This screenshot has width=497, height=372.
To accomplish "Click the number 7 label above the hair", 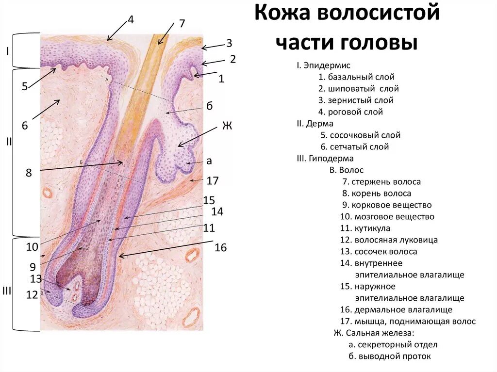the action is pyautogui.click(x=182, y=23).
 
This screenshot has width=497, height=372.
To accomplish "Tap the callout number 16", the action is pyautogui.click(x=221, y=248).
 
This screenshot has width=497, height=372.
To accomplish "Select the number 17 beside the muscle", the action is pyautogui.click(x=213, y=181).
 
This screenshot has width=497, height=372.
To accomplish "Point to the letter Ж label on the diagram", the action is pyautogui.click(x=227, y=126).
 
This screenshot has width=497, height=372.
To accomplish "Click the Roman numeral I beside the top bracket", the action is pyautogui.click(x=8, y=50).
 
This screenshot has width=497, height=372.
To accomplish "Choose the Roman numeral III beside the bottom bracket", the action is pyautogui.click(x=7, y=291).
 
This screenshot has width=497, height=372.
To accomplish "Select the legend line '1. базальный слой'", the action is pyautogui.click(x=356, y=77).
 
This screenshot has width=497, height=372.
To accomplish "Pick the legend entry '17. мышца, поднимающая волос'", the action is pyautogui.click(x=408, y=322).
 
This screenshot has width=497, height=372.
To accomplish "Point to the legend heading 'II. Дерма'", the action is pyautogui.click(x=315, y=124).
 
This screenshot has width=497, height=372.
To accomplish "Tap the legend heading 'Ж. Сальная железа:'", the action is pyautogui.click(x=374, y=333).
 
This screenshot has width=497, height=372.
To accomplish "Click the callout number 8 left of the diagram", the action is pyautogui.click(x=29, y=172).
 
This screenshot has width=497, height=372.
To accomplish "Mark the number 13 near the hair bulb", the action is pyautogui.click(x=35, y=278).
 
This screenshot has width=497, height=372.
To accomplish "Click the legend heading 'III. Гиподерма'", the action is pyautogui.click(x=325, y=159).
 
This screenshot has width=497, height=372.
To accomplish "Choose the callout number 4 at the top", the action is pyautogui.click(x=131, y=19).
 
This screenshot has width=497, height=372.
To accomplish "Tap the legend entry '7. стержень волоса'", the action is pyautogui.click(x=381, y=182).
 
